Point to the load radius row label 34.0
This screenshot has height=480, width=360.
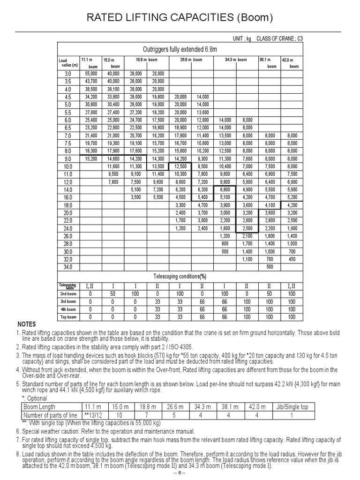[68, 267]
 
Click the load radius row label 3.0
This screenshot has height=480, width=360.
[68, 74]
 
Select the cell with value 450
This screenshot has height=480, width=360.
[292, 259]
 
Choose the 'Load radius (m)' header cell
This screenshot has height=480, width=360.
[68, 63]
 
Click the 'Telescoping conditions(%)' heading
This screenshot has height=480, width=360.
[180, 276]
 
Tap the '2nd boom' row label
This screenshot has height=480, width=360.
[68, 294]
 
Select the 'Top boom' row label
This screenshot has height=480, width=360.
[68, 317]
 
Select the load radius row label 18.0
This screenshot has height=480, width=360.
[68, 205]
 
